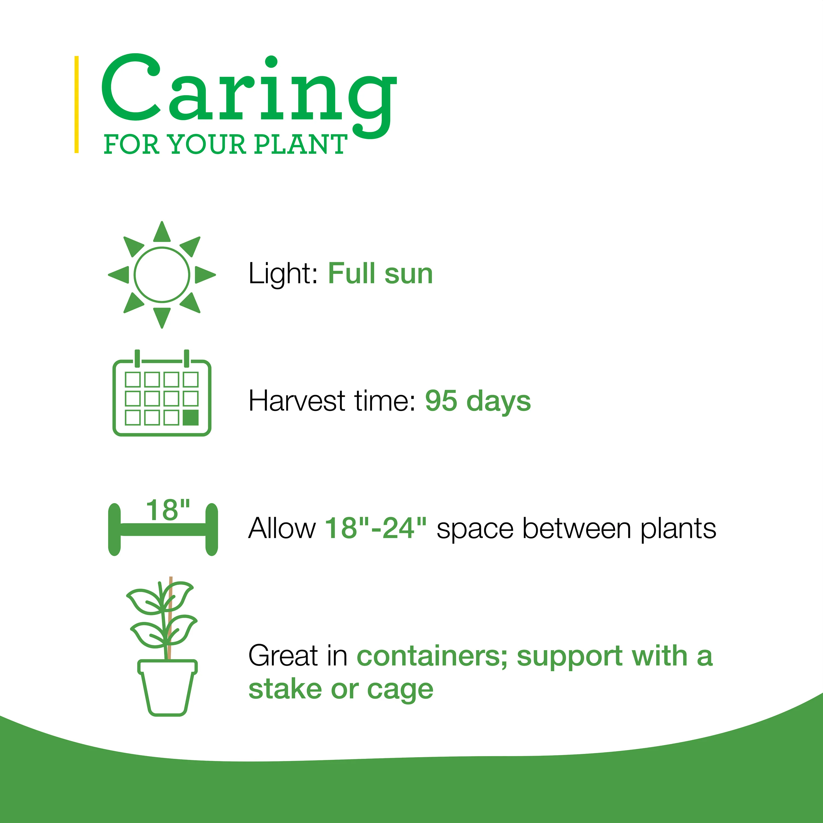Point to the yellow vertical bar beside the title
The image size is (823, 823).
point(77,104)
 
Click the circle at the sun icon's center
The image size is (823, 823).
point(162,275)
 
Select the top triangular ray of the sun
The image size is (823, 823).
point(162,232)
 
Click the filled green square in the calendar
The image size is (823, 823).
point(191,418)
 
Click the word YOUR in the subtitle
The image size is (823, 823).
point(207,144)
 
